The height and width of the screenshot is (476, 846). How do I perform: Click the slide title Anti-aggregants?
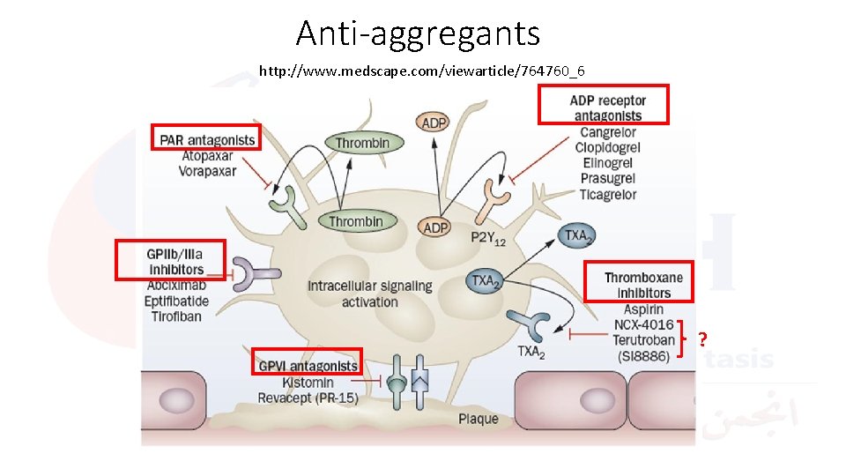(x=418, y=33)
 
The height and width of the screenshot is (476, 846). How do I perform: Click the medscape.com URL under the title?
(x=421, y=71)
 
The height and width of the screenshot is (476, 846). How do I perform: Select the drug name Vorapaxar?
(x=207, y=171)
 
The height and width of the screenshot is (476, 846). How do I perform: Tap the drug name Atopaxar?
(x=207, y=156)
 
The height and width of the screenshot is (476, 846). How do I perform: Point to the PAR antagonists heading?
(x=207, y=139)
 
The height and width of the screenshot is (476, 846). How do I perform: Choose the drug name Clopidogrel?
(x=607, y=148)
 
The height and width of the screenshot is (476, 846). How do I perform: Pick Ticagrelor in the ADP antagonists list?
(x=607, y=195)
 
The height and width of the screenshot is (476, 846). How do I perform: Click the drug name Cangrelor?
(x=607, y=133)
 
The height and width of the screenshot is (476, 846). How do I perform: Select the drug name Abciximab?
(x=176, y=286)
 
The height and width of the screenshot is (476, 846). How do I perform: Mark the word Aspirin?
(x=643, y=309)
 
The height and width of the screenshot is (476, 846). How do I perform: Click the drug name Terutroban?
(x=643, y=340)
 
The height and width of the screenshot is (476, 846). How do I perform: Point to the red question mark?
(x=703, y=339)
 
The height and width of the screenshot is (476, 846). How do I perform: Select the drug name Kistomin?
(x=308, y=383)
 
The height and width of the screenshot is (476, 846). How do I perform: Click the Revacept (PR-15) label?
(x=308, y=398)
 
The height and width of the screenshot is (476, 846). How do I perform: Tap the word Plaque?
(x=478, y=419)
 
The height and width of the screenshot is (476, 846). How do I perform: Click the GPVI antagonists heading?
(x=308, y=366)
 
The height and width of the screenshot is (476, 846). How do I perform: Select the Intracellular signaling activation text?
(x=369, y=294)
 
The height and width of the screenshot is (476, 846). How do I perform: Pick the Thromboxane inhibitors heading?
(x=643, y=285)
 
